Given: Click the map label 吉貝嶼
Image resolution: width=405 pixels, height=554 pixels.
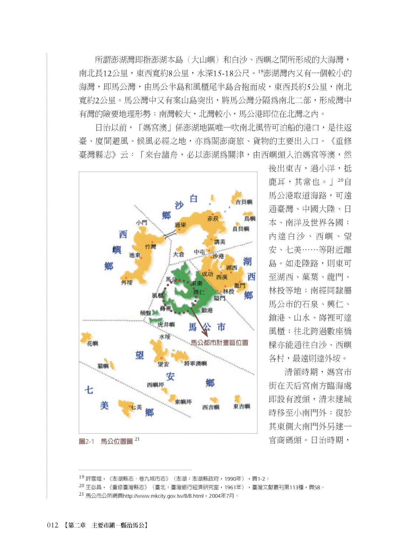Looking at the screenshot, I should [x=244, y=202].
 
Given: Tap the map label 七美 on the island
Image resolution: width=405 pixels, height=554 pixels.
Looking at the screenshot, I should [x=136, y=407].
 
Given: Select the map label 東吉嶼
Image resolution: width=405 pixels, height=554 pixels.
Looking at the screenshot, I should [x=241, y=406].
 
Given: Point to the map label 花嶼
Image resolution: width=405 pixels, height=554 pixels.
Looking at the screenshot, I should [x=93, y=343].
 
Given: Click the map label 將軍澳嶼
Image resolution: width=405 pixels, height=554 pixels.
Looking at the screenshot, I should [x=195, y=363].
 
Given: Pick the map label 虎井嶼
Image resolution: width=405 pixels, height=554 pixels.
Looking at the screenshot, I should [x=166, y=325].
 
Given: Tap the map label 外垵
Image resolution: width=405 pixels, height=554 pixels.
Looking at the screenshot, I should [x=127, y=283].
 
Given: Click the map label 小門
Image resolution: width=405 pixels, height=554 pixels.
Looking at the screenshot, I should [x=141, y=223].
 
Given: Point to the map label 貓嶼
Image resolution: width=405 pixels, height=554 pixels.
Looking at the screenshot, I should [x=103, y=366].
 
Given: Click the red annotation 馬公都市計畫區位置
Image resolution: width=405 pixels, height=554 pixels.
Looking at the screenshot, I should [x=219, y=343].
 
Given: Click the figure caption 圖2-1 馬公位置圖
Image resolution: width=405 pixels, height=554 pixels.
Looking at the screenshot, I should [x=106, y=441].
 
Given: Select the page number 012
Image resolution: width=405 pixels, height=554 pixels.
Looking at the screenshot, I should [x=53, y=525].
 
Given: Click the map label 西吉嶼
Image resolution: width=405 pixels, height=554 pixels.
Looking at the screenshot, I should [x=211, y=407].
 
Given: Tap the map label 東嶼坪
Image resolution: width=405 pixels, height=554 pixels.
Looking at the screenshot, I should [x=183, y=402].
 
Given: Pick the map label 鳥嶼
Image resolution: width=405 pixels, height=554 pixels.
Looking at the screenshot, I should [x=250, y=218].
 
